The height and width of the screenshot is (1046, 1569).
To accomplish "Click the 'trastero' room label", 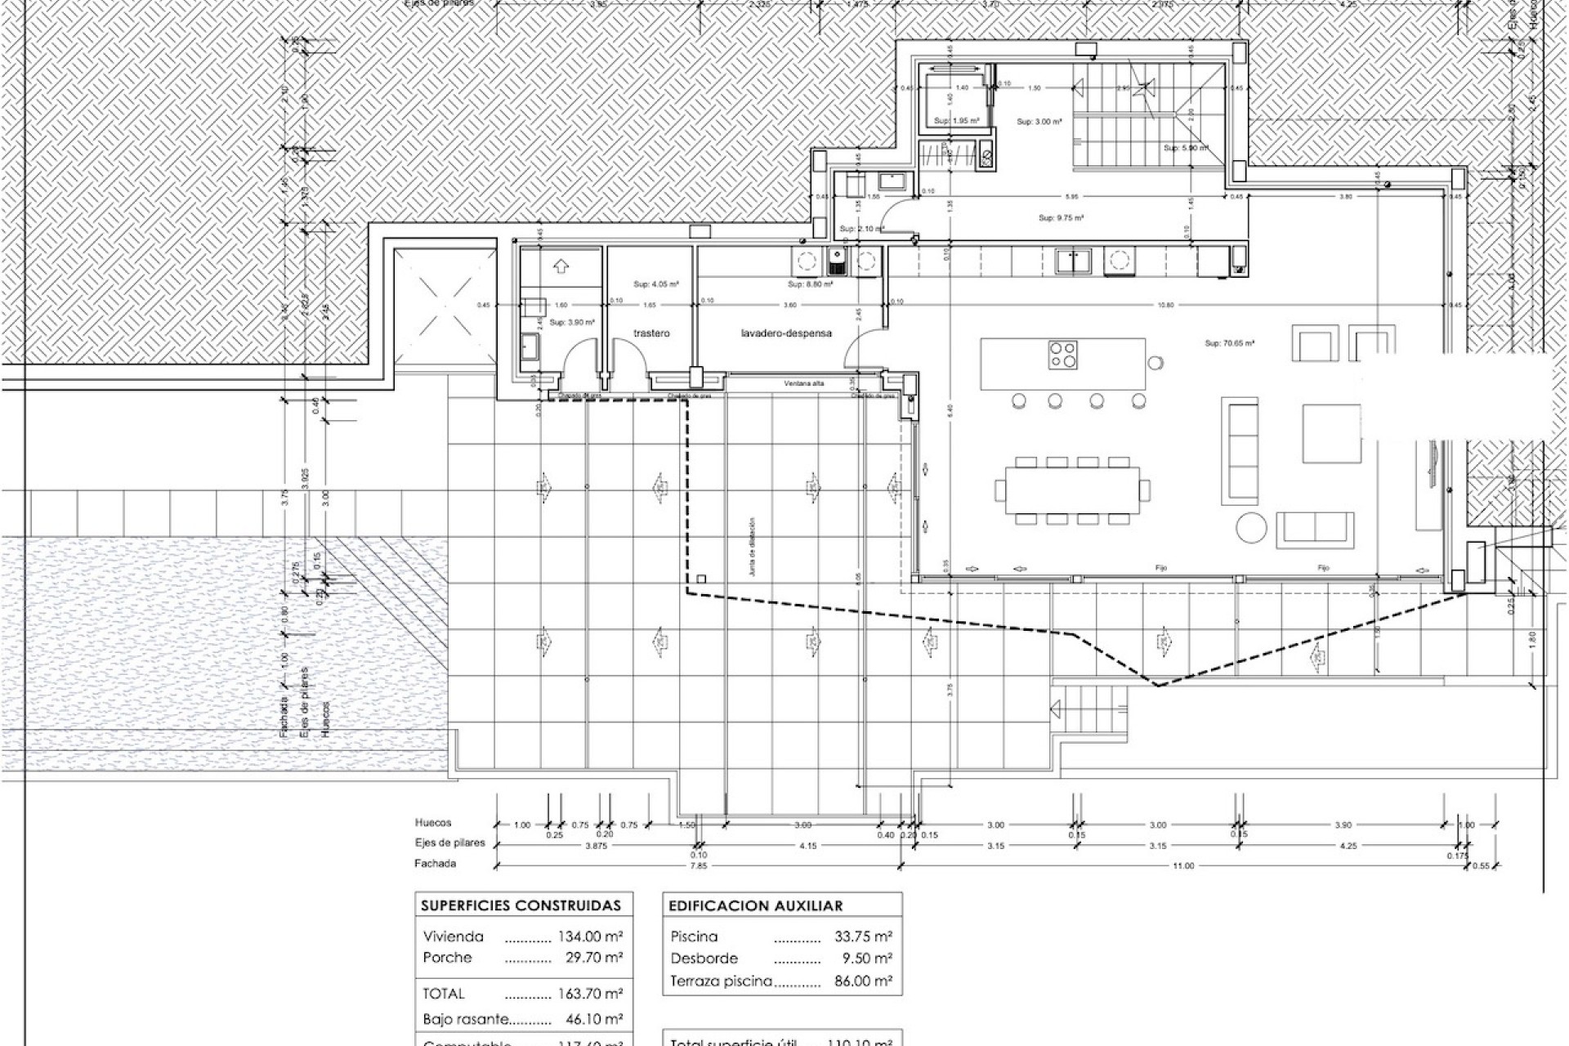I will [x=651, y=333].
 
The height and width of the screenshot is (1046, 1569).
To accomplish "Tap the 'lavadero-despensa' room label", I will [x=786, y=333].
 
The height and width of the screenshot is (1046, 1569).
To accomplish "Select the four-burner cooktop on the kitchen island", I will [x=1062, y=355].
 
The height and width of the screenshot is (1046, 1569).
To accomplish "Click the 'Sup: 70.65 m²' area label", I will [x=1229, y=344].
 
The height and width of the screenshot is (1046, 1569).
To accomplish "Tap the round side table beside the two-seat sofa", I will [x=1250, y=528].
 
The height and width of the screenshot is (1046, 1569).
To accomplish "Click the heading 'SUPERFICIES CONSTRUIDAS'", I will [x=521, y=905].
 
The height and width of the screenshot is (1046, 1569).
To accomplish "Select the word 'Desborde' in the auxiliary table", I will [x=704, y=959].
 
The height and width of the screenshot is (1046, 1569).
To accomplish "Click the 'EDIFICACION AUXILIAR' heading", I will [x=755, y=905].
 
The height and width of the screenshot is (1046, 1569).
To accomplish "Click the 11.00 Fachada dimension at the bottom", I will [x=1182, y=865].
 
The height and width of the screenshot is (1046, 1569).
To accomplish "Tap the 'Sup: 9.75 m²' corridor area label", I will [x=1061, y=218].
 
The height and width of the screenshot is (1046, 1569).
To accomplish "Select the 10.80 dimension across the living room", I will [x=1166, y=305].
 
